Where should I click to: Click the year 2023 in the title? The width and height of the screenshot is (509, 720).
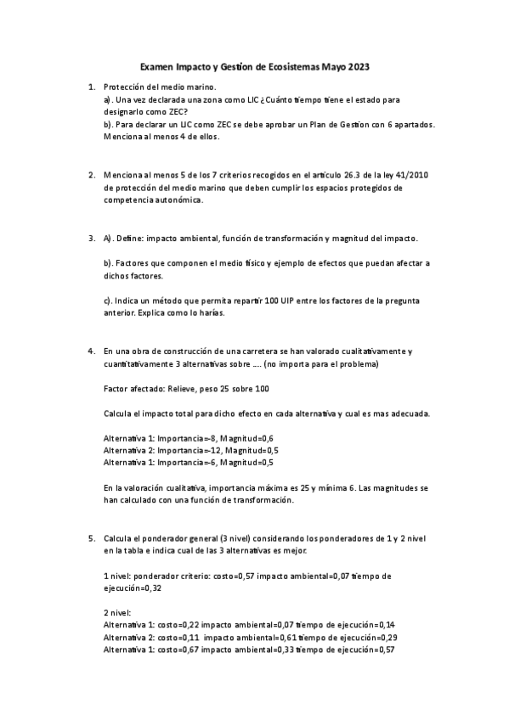(x=358, y=66)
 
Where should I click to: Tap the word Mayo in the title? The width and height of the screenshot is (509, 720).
(x=331, y=66)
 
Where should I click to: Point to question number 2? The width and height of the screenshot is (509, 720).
(x=92, y=176)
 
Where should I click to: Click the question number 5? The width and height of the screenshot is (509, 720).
(x=92, y=538)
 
